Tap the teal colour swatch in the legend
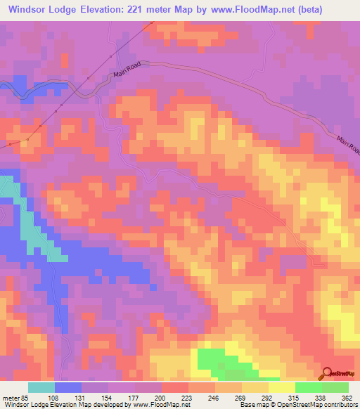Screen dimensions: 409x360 (41, 387)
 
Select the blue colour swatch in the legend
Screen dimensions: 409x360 (68, 387)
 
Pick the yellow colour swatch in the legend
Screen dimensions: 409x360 (281, 387)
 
